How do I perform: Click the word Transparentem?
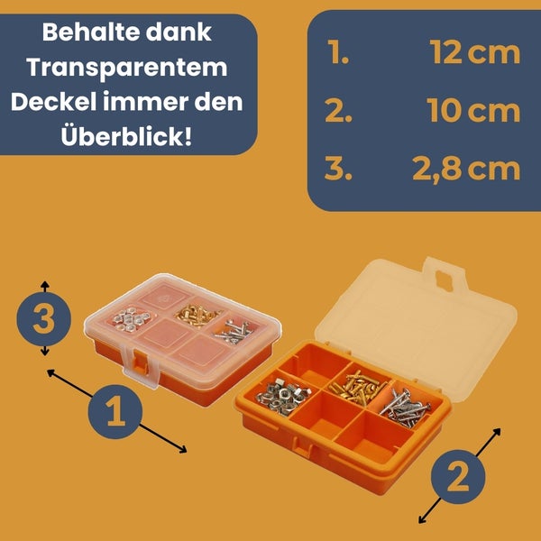[x=127, y=68]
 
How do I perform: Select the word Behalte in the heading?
[x=89, y=32]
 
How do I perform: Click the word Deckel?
[x=53, y=101]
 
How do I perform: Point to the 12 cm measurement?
[x=475, y=52]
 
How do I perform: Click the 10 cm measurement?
[x=473, y=110]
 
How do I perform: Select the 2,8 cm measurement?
[x=466, y=170]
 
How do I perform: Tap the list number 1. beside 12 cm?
[x=338, y=52]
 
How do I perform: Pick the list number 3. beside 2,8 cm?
[x=338, y=170]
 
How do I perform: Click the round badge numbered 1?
[x=115, y=412]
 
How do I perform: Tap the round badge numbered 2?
[x=458, y=477]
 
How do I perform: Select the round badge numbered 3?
[x=44, y=318]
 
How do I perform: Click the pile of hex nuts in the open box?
[x=284, y=396]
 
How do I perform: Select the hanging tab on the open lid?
[x=445, y=275]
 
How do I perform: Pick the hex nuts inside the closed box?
[x=132, y=319]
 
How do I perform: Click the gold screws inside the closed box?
[x=197, y=315]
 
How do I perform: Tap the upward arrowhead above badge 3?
[x=45, y=285]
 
